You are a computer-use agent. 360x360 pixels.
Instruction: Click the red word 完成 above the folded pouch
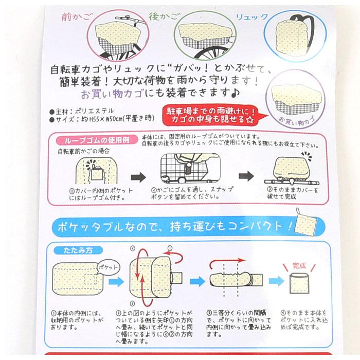click(299, 266)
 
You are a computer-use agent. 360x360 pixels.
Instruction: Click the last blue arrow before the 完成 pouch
click(276, 280)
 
